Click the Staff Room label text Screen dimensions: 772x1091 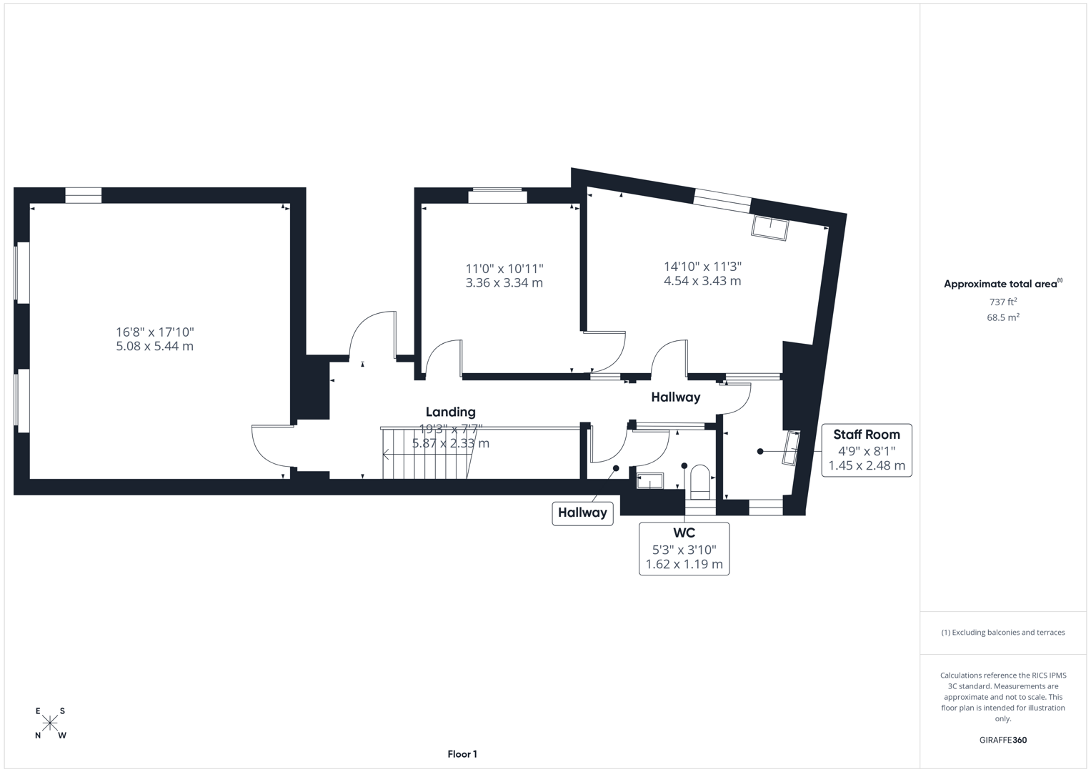[x=867, y=435]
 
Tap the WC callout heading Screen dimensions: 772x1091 [x=684, y=533]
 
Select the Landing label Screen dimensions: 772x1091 [x=450, y=412]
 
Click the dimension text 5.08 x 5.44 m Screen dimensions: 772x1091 [x=155, y=347]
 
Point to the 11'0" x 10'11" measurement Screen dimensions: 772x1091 [x=504, y=269]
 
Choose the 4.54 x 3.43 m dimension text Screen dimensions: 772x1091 [x=702, y=281]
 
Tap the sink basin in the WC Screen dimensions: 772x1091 [x=649, y=481]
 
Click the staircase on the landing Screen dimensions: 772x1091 [x=424, y=454]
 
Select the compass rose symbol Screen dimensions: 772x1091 [x=50, y=723]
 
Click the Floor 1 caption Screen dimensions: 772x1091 [x=462, y=754]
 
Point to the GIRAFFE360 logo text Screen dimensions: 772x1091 [x=1002, y=740]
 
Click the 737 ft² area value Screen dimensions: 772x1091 [x=1002, y=302]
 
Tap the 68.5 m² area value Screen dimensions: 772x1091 [x=1002, y=317]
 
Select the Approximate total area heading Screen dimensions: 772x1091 [x=1002, y=284]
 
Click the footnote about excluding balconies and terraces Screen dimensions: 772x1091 [x=1002, y=633]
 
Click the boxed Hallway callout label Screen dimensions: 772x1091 [x=582, y=513]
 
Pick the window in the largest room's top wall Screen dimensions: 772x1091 [x=84, y=195]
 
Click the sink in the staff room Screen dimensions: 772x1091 [x=791, y=449]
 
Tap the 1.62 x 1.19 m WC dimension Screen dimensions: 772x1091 [x=684, y=565]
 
